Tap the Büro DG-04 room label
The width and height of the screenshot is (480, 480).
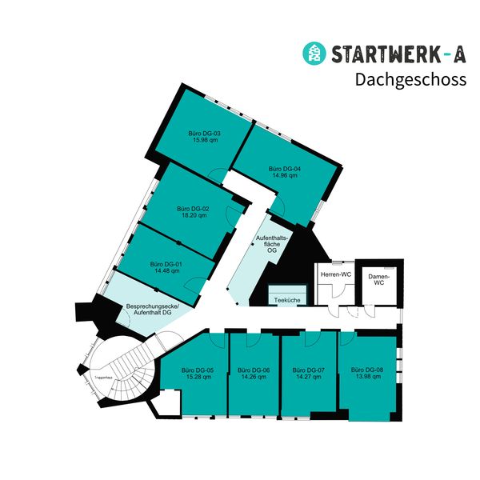(x=284, y=169)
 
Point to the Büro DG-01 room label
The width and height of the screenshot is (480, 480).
(x=166, y=264)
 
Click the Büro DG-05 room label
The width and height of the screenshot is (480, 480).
(x=197, y=370)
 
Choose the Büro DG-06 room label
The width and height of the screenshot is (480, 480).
(x=254, y=370)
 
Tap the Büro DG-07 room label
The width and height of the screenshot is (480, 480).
(x=310, y=370)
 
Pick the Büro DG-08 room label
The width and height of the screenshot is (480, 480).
(x=367, y=370)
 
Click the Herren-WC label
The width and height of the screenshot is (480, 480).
(x=336, y=275)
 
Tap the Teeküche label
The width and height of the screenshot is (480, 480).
(x=286, y=300)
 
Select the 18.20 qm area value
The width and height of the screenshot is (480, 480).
(x=193, y=215)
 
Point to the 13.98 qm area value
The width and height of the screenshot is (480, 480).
(x=367, y=377)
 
